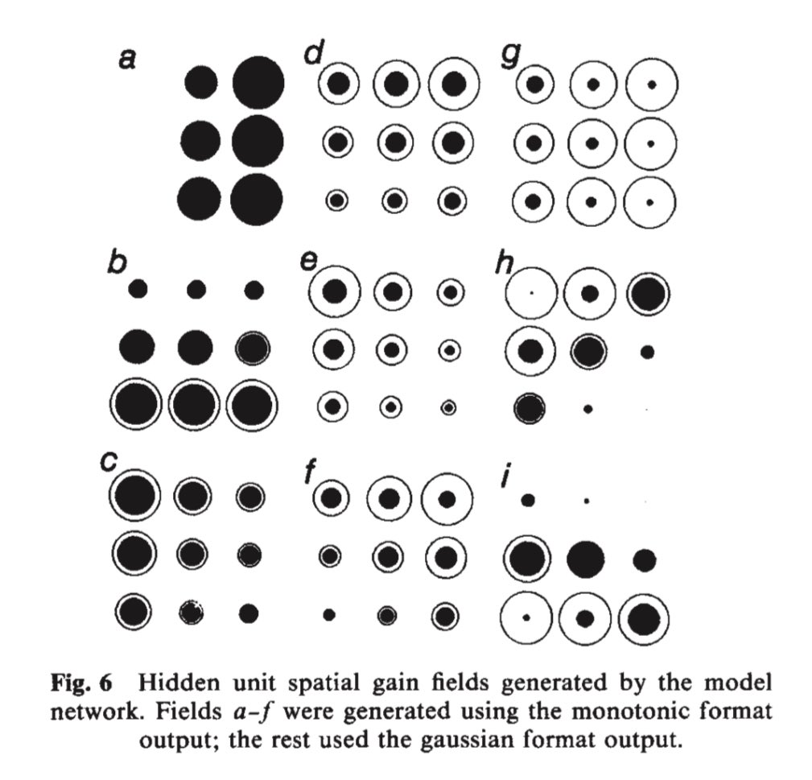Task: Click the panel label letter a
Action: (126, 58)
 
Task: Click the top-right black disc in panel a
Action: (258, 81)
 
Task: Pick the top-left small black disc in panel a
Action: (200, 81)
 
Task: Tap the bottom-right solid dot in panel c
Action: (249, 613)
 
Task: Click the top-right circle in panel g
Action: (652, 84)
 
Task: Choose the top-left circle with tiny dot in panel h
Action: (532, 293)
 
